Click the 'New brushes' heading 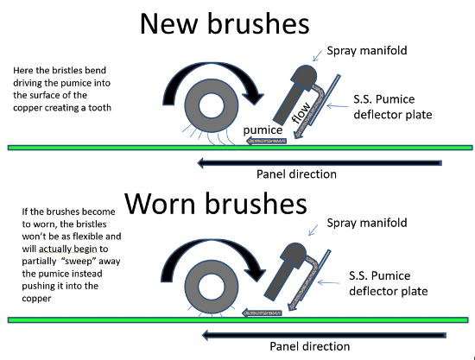[x=225, y=23]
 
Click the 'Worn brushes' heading [x=216, y=203]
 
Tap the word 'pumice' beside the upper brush [x=263, y=130]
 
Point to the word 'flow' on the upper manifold [x=301, y=113]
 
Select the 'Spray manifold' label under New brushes [x=367, y=51]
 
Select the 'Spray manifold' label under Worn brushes [x=367, y=223]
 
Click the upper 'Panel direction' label [x=296, y=174]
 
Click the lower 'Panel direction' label [x=309, y=346]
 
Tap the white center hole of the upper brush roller [x=212, y=105]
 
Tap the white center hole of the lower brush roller [x=211, y=286]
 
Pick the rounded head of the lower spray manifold [x=294, y=256]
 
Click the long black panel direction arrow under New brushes [x=320, y=163]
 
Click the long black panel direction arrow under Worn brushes [x=324, y=335]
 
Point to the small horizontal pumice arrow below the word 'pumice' [x=266, y=141]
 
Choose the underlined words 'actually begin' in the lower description [x=68, y=249]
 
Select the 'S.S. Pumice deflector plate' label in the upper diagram [x=393, y=107]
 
